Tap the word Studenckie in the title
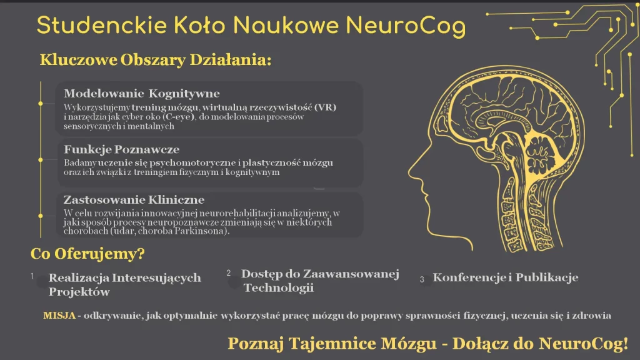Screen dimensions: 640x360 coord(102,25)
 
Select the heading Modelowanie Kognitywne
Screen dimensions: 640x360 coord(142,94)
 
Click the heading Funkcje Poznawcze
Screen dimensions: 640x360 coord(122,149)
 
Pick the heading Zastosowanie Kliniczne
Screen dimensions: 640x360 coord(134,199)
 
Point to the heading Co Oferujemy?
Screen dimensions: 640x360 coord(87,254)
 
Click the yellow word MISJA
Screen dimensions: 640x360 coord(59,316)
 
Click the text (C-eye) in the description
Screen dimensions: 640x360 coord(178,117)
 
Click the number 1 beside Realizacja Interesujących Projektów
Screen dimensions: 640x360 coord(32,276)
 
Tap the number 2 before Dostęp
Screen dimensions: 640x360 coord(229,272)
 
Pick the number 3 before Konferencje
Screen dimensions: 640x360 coord(422,279)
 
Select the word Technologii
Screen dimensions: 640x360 coord(279,287)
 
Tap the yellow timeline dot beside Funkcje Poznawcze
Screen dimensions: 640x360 coord(41,159)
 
